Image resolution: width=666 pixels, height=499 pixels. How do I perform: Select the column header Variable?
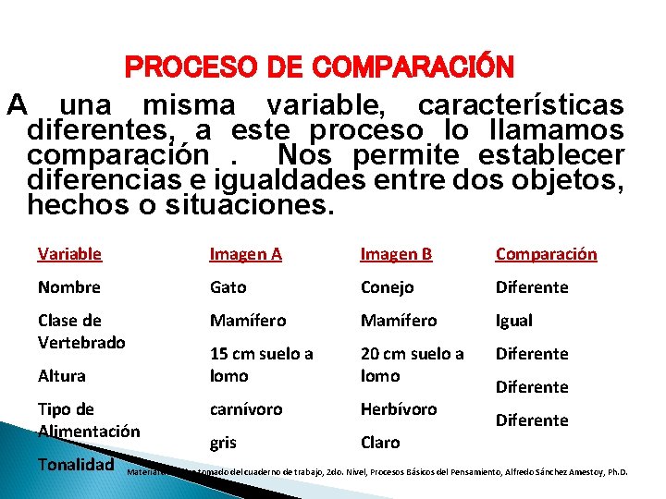tap(69, 253)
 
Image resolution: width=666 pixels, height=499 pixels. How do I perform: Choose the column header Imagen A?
tap(245, 253)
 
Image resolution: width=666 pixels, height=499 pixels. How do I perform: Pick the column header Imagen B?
tap(396, 253)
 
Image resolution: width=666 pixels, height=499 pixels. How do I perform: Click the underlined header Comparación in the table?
tap(546, 253)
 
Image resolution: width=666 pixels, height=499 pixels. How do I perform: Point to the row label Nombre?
tap(68, 286)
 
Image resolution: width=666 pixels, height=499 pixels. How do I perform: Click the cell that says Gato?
tap(228, 286)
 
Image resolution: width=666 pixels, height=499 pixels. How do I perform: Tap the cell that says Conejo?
tap(387, 286)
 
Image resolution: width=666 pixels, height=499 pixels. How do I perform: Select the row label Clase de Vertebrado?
tap(81, 331)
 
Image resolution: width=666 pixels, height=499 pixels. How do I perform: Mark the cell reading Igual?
tap(514, 320)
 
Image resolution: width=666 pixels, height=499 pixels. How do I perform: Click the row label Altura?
tap(61, 375)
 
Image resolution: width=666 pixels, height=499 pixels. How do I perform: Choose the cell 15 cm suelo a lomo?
tap(261, 364)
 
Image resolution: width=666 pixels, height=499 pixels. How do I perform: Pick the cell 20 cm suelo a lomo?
tap(412, 364)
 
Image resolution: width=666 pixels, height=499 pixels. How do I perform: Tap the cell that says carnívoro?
tap(246, 408)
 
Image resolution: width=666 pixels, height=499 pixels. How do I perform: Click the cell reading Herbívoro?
tap(399, 408)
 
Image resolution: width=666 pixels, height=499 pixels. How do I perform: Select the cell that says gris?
tap(223, 442)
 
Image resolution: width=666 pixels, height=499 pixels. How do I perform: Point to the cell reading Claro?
tap(380, 442)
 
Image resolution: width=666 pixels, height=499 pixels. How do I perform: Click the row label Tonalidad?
tap(76, 465)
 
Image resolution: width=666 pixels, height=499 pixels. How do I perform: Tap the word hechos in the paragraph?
tap(75, 204)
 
